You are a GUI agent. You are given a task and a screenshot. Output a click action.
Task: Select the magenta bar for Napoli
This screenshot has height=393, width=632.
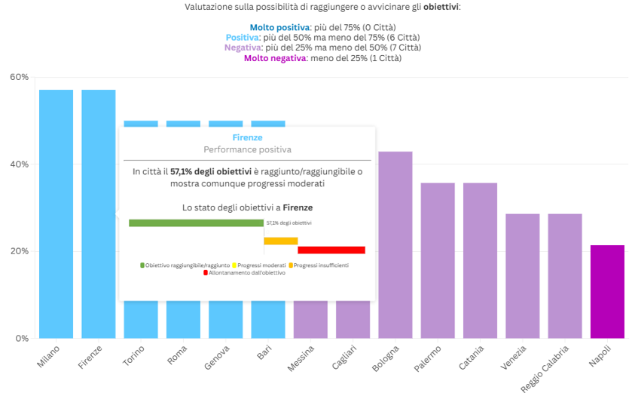pos(607,291)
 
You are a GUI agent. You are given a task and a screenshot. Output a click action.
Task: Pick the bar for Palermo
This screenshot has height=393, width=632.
pos(438,260)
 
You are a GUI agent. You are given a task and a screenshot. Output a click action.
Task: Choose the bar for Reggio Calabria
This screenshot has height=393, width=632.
pos(565,275)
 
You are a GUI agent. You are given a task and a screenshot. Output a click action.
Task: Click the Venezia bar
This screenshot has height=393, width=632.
pos(523,275)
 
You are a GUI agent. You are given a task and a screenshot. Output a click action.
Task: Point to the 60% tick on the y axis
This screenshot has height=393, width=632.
pos(19,77)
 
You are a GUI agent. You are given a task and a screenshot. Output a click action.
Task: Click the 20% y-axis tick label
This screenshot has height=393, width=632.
pos(19,251)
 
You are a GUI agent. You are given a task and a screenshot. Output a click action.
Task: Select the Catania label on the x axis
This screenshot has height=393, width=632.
pos(472,359)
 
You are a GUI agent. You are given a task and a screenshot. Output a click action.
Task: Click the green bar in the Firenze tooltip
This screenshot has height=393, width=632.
pos(196,223)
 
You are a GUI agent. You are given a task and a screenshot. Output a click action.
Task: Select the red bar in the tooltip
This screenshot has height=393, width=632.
pos(331,250)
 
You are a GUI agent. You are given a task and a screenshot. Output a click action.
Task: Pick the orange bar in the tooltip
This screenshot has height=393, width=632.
pos(280,241)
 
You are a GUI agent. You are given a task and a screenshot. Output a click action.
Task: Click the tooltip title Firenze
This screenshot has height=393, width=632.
pos(247,137)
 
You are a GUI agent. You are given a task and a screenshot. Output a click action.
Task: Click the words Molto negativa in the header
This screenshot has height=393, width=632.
pos(275,58)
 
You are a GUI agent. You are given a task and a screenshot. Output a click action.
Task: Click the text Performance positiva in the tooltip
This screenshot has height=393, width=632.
pos(247,149)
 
